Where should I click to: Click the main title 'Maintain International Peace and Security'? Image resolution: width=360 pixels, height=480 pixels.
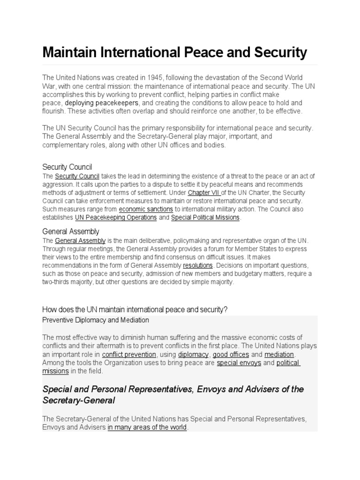(174, 52)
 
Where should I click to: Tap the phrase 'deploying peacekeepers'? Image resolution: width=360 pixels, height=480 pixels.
(101, 103)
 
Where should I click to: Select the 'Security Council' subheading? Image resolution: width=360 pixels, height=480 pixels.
(67, 167)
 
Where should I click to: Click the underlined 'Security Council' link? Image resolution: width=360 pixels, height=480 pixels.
(77, 176)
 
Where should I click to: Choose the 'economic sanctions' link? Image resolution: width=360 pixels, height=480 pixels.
(146, 209)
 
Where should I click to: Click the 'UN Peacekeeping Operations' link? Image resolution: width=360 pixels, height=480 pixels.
(116, 217)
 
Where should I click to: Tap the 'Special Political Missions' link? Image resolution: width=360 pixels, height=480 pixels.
(205, 217)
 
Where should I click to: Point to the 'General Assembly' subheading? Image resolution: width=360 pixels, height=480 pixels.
(71, 232)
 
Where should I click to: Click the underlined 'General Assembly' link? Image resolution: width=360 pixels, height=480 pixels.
(80, 240)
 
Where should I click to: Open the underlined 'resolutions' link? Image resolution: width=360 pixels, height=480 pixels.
(197, 265)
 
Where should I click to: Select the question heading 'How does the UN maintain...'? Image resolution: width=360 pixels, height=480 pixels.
(135, 310)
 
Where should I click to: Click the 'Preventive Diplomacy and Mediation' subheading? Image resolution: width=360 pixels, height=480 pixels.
(96, 320)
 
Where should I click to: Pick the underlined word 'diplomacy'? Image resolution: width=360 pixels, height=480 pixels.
(193, 354)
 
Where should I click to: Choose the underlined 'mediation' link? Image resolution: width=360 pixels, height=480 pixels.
(279, 354)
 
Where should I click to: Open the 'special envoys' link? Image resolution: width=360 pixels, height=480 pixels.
(239, 363)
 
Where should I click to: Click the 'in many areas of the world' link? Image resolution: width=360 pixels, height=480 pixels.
(147, 427)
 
